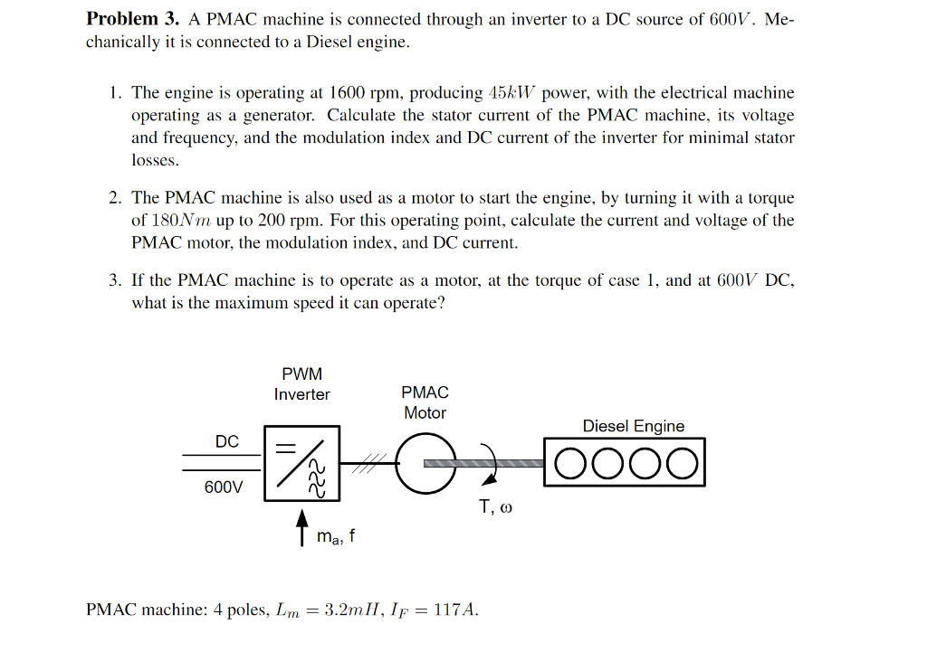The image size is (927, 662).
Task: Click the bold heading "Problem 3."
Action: pos(132,19)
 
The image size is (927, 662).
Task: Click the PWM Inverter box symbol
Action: pos(301,463)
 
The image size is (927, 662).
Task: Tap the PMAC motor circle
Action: pos(425,463)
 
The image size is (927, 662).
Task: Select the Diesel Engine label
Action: pos(633,426)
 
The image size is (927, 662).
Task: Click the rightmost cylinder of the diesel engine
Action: pos(683,464)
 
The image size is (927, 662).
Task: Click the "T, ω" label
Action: pos(495,507)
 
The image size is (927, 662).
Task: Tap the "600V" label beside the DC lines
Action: pos(224,487)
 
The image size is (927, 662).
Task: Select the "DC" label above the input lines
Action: pos(226,441)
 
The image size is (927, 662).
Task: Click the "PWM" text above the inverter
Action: pos(301,373)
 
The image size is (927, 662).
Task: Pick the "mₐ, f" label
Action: pos(336,536)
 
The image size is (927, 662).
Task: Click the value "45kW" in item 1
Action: pos(512,93)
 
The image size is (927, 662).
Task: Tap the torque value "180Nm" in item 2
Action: pos(181,221)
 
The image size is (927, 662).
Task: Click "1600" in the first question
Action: pos(346,93)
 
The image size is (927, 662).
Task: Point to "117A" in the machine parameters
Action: pos(454,610)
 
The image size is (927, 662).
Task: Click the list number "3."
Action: pos(115,280)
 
